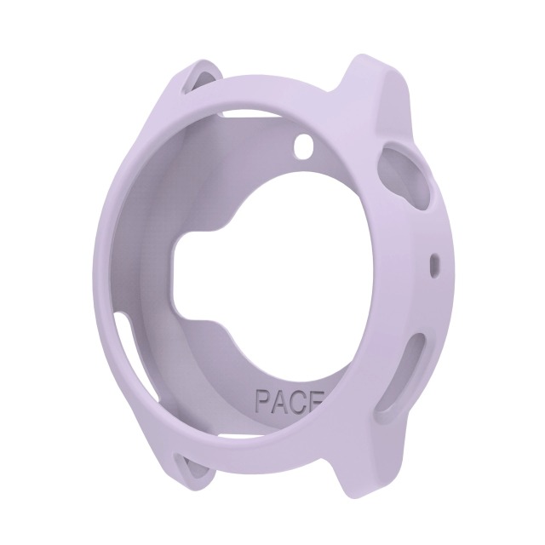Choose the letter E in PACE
pyautogui.click(x=316, y=403)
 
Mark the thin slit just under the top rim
pyautogui.click(x=255, y=110)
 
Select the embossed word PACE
pyautogui.click(x=290, y=400)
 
